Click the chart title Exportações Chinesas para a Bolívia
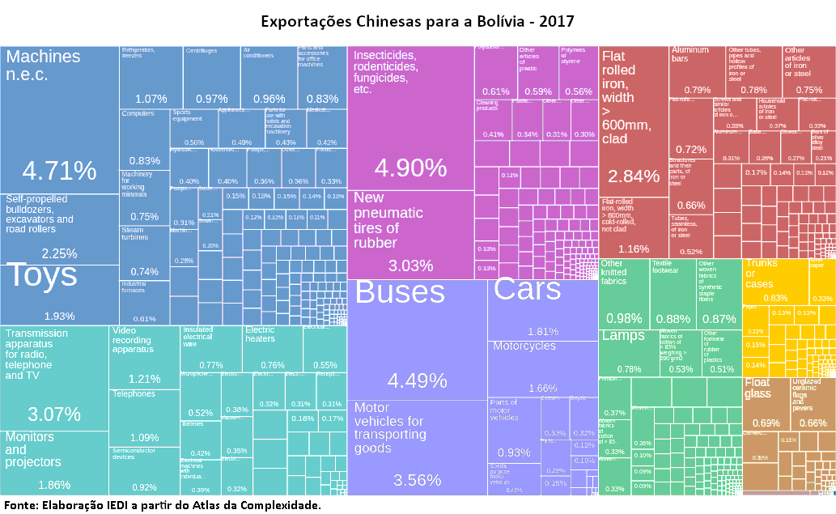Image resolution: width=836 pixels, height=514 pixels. (418, 19)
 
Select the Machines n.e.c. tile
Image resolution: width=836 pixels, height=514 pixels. (59, 121)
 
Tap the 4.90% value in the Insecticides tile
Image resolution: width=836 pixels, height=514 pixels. (410, 168)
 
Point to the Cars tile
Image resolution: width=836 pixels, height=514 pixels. (542, 308)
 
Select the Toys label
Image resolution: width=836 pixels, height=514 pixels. (42, 276)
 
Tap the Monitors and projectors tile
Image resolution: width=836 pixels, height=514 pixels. (54, 461)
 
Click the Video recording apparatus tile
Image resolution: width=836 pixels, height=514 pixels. (144, 356)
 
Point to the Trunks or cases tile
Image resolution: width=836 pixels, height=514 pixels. (775, 278)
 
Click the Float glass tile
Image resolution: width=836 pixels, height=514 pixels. (765, 401)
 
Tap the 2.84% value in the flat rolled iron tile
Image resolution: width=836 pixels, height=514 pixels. (634, 176)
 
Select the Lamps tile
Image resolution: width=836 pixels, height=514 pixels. (628, 352)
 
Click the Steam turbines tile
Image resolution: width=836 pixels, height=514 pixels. (144, 253)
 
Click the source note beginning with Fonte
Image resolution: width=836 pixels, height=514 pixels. (162, 505)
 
